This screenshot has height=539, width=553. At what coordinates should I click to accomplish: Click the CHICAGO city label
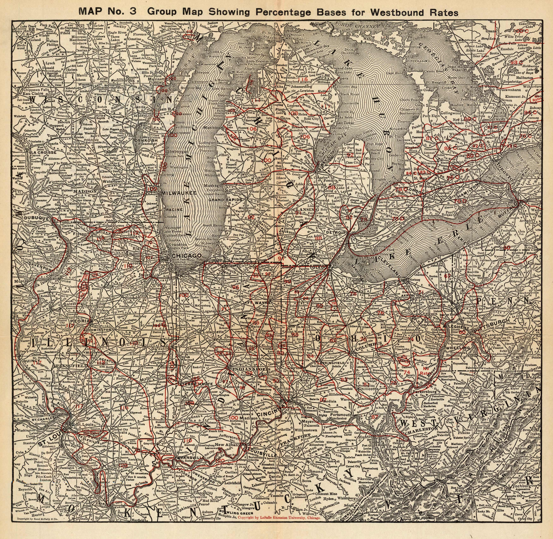(187, 255)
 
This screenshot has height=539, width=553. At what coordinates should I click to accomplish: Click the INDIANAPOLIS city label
(246, 369)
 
